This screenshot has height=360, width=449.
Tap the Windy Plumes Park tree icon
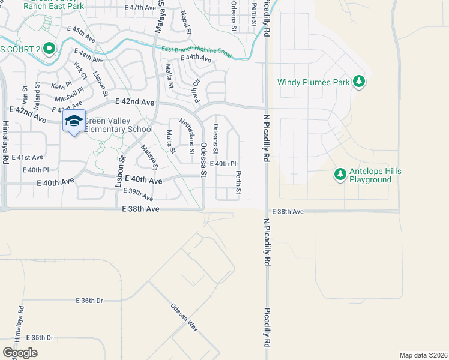[359, 82]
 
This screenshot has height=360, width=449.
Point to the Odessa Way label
[184, 316]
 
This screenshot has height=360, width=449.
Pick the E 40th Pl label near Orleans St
[223, 163]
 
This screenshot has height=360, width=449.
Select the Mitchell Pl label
[70, 94]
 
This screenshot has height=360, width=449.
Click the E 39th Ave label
[138, 194]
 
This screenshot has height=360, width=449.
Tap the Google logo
[20, 353]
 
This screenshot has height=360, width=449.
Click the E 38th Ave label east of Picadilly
[288, 212]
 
